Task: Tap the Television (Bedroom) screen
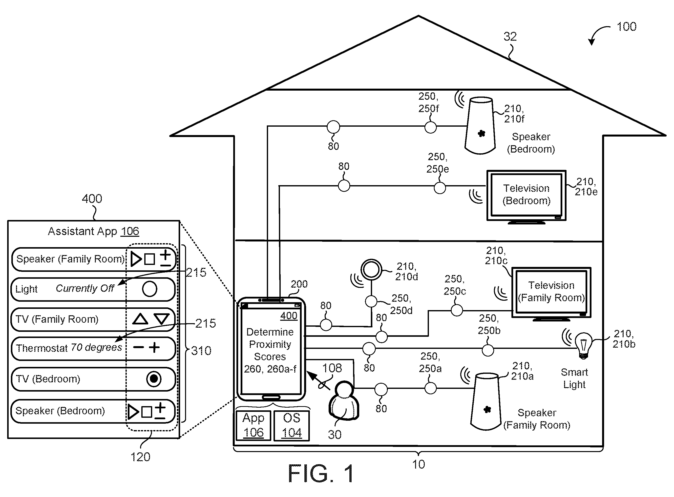[526, 195]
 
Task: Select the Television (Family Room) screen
[551, 292]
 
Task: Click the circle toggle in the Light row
[150, 289]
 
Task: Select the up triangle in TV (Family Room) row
[140, 319]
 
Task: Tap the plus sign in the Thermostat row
[154, 347]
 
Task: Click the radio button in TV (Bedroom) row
[154, 379]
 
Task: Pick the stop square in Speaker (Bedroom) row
[147, 412]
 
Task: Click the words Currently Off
[85, 288]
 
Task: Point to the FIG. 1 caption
[321, 474]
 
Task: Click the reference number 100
[626, 27]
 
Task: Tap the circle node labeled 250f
[430, 127]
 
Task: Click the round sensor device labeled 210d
[372, 270]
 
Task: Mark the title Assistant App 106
[93, 231]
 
